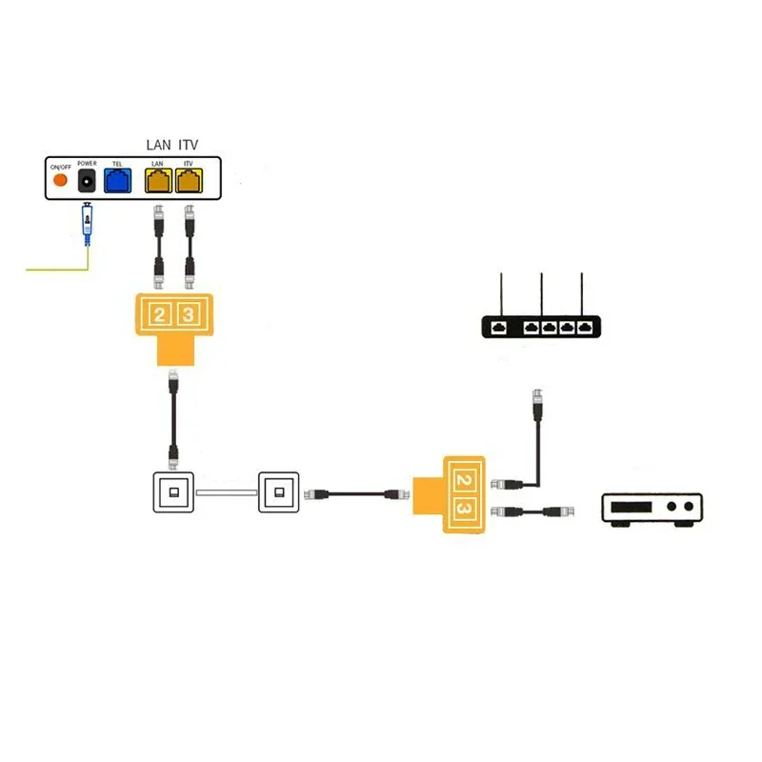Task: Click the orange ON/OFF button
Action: (60, 180)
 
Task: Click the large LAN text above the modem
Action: (158, 145)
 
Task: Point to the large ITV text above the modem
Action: (189, 145)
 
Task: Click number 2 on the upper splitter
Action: (160, 315)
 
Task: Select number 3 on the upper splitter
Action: (189, 315)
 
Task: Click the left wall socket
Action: (173, 493)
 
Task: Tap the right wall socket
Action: (278, 493)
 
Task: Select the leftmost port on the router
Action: (499, 327)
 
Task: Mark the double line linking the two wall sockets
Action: (226, 492)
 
